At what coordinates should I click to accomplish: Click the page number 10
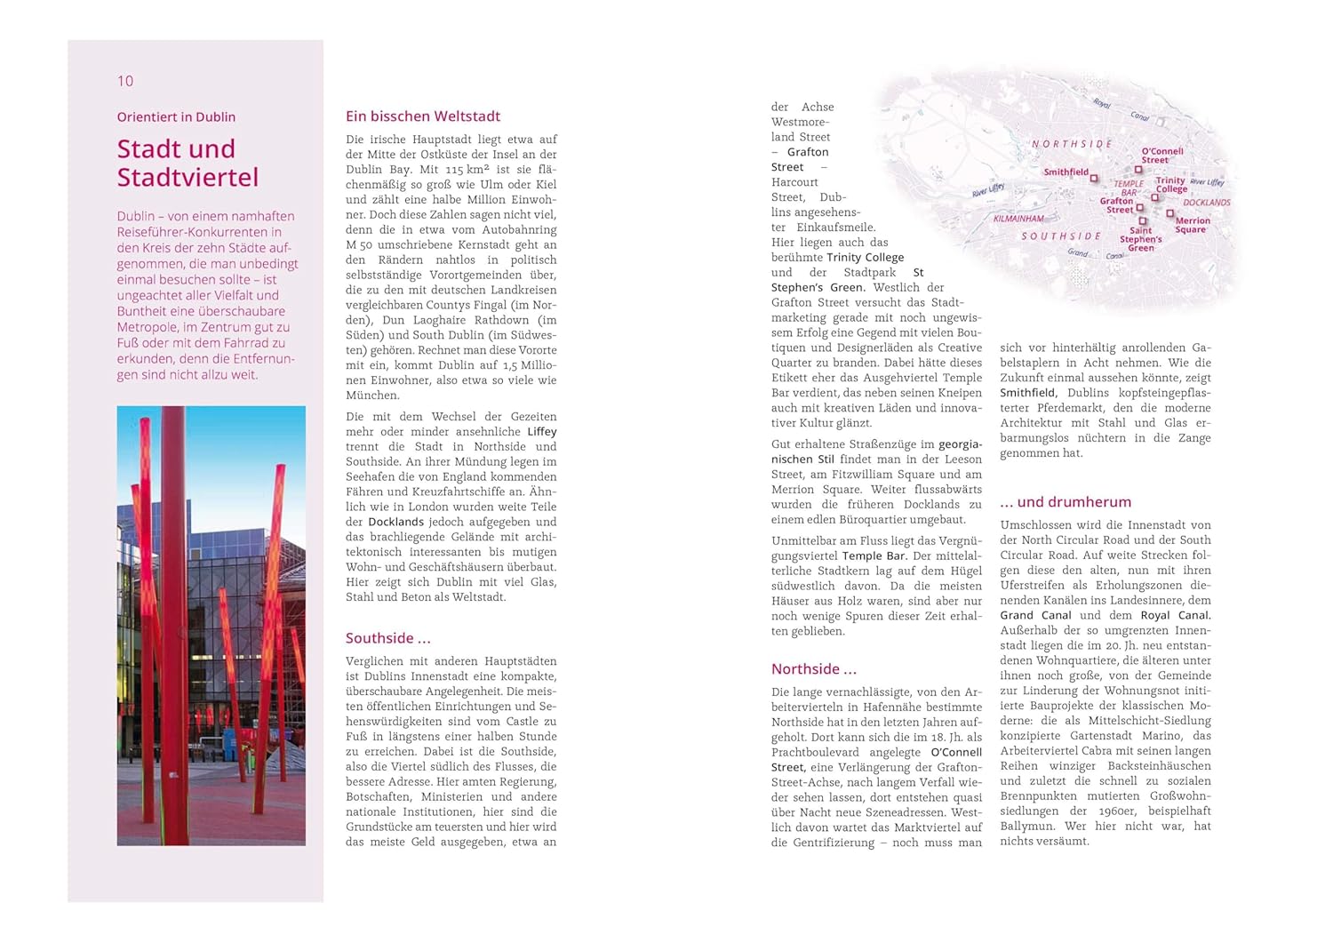point(125,81)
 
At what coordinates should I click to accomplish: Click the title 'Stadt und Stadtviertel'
point(188,163)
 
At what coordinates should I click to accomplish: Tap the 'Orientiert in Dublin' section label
point(176,116)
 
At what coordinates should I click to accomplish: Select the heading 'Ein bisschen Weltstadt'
point(423,116)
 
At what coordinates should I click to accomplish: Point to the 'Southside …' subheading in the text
point(387,638)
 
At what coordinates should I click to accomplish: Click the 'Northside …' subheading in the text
point(813,669)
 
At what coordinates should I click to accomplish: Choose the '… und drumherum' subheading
point(1066,502)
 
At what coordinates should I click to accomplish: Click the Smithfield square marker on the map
point(1094,178)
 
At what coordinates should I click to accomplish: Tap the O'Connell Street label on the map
point(1161,156)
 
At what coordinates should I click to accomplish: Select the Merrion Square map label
point(1192,225)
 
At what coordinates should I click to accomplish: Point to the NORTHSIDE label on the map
point(1072,144)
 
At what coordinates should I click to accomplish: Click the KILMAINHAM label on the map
point(1018,219)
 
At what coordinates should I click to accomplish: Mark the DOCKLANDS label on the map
point(1207,203)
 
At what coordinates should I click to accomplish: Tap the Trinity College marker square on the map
point(1155,196)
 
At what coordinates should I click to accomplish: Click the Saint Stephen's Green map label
point(1141,239)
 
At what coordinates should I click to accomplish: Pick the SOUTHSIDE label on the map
point(1061,236)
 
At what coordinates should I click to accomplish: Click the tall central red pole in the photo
point(173,622)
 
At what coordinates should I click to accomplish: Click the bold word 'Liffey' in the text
point(541,432)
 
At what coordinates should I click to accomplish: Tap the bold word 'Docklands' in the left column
point(396,522)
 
